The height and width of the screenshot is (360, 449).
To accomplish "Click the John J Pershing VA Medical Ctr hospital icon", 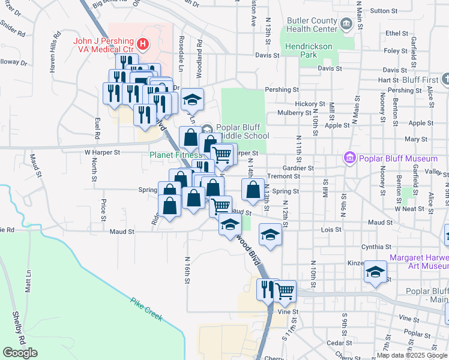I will click(x=143, y=43).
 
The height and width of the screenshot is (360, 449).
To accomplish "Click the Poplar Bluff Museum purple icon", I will click(x=350, y=158).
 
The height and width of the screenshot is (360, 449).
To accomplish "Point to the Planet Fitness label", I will click(x=175, y=155).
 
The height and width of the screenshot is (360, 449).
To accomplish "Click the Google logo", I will click(x=20, y=353).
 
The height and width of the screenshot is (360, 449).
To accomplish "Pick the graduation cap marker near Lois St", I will click(x=270, y=234).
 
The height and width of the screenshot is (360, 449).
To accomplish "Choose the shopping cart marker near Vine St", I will click(x=285, y=290).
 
